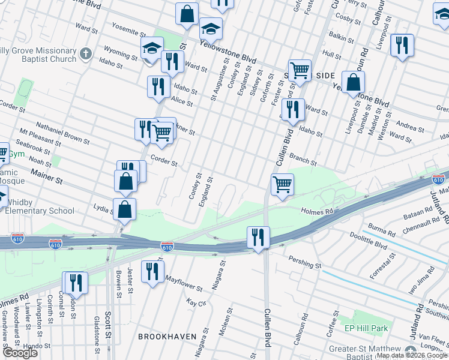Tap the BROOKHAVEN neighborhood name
click(167, 337)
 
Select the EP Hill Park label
click(366, 328)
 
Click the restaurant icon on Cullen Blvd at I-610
click(258, 236)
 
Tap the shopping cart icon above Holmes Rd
click(282, 184)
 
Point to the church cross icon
click(86, 54)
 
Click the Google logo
click(20, 353)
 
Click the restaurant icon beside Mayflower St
click(152, 271)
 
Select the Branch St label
click(303, 158)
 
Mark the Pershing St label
click(306, 264)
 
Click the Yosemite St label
click(128, 31)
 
